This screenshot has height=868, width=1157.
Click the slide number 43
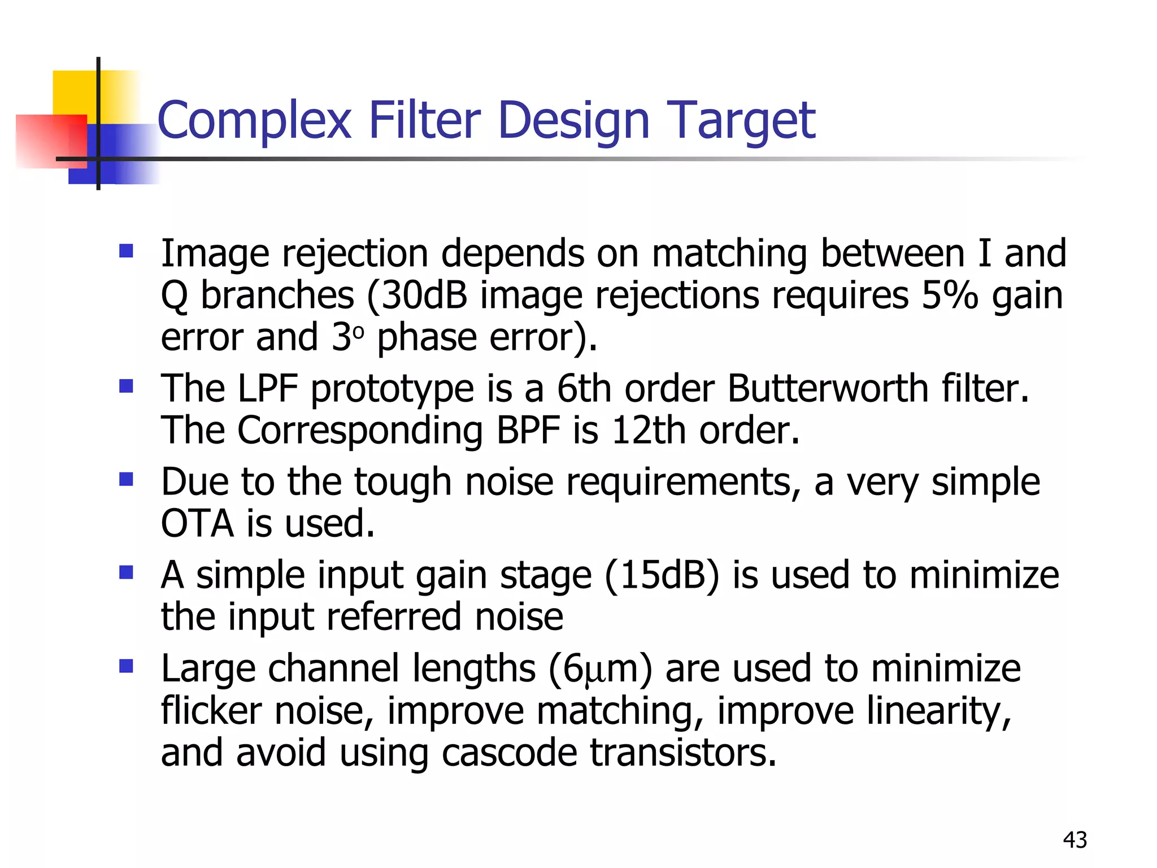[1075, 840]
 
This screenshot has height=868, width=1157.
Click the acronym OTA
[197, 523]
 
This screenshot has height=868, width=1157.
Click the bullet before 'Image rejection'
[126, 250]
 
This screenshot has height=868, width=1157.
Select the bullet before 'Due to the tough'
[126, 479]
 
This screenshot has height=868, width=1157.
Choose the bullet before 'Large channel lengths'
[126, 666]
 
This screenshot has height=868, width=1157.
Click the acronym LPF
[267, 388]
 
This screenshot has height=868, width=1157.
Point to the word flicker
[211, 710]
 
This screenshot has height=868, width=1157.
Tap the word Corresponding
[360, 431]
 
